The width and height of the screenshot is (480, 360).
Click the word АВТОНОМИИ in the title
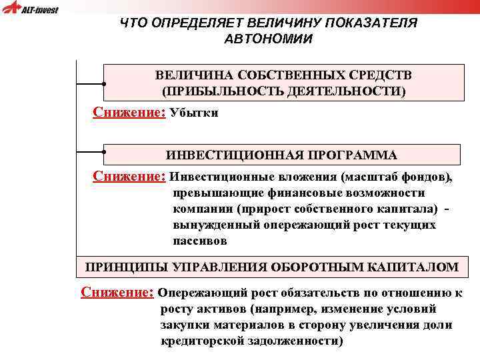(268, 38)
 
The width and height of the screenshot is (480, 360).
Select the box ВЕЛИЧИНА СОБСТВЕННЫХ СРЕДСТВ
(283, 82)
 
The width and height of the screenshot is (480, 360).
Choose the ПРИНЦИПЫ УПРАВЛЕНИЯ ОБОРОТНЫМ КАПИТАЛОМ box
(272, 267)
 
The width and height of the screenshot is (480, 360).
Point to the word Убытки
(194, 113)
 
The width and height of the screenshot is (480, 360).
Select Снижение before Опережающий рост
(117, 292)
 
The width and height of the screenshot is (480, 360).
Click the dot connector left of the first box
(105, 85)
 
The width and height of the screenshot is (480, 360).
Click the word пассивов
(200, 241)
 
